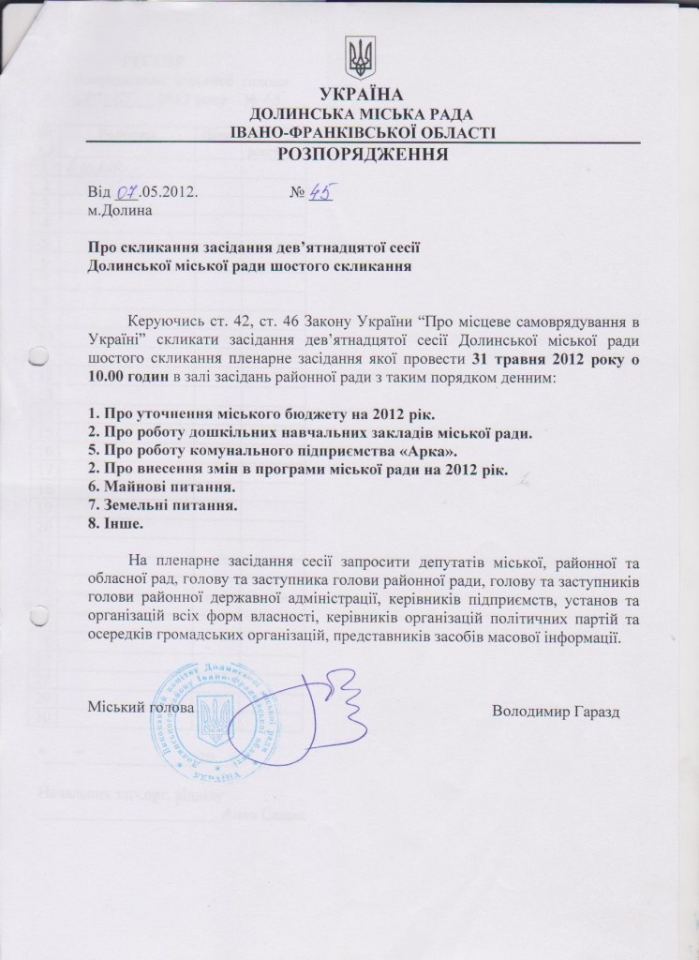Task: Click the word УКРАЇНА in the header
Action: point(359,94)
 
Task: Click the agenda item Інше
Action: point(115,524)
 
